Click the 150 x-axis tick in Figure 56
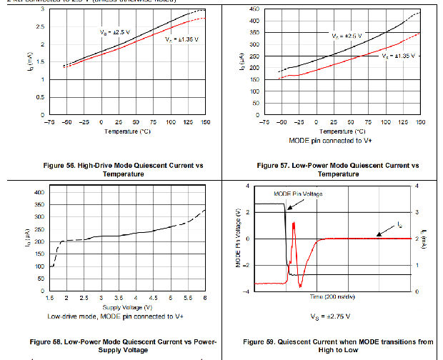(206, 122)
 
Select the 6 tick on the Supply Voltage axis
(206, 297)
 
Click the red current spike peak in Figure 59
(294, 224)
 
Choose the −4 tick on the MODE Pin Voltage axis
(248, 291)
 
